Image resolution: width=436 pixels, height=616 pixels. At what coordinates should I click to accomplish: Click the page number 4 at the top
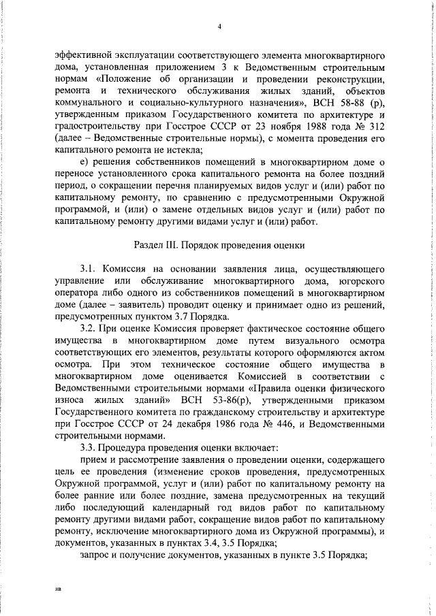219,27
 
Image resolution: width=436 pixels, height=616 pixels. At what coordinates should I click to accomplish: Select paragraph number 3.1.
89,268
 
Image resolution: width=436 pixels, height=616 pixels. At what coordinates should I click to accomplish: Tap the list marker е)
85,163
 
